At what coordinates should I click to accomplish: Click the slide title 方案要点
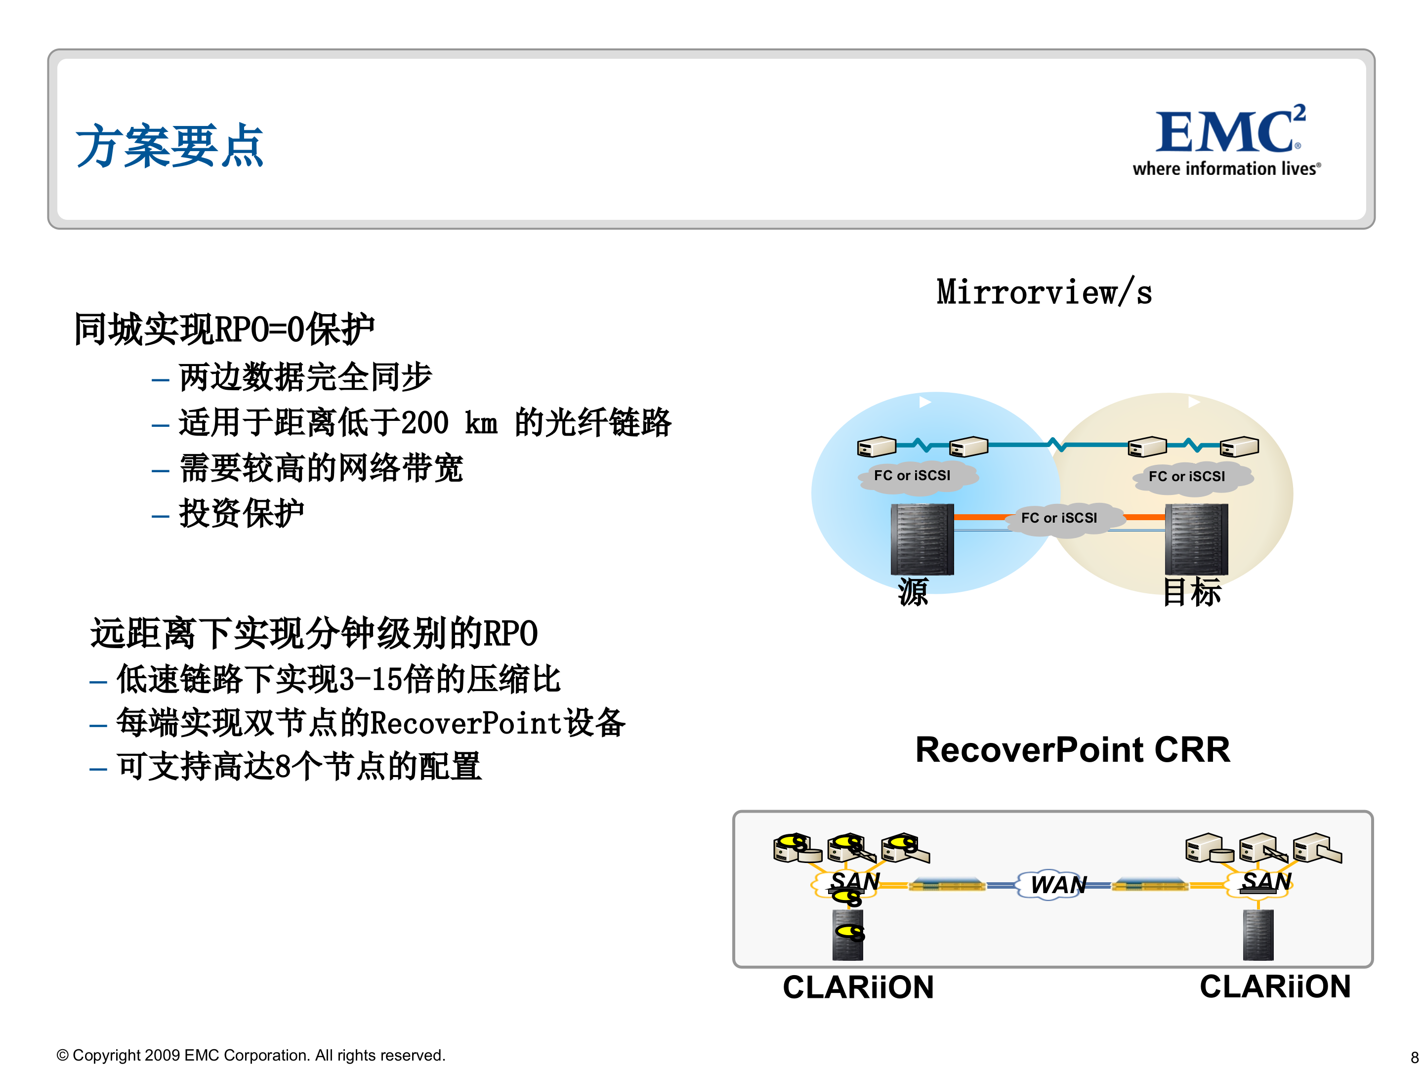tap(169, 147)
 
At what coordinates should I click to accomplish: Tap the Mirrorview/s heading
tap(1044, 292)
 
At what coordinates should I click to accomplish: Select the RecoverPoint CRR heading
tap(1072, 750)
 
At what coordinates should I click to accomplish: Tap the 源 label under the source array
tap(913, 591)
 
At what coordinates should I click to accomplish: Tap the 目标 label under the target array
tap(1191, 591)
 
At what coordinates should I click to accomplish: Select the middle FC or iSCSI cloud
tap(1059, 518)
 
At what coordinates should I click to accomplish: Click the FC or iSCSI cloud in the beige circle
tap(1186, 477)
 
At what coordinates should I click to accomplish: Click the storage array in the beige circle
tap(1196, 539)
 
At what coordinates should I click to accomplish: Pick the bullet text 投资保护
tap(241, 513)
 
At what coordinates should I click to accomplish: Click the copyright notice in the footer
tap(251, 1055)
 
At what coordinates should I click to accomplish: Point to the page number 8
tap(1414, 1057)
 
